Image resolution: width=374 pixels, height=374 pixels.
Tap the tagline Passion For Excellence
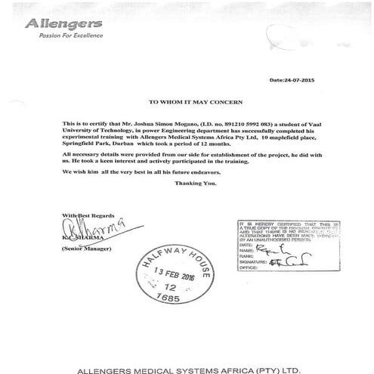pos(59,38)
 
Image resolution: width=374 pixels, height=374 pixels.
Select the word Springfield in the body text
pos(80,142)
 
